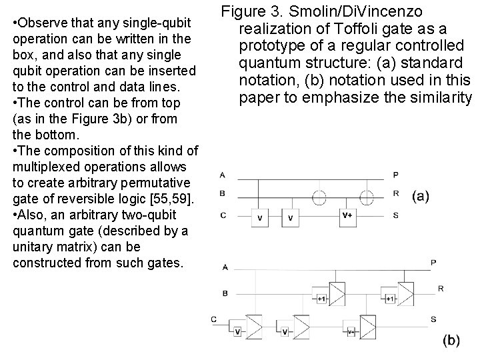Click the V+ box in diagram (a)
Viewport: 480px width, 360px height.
(347, 215)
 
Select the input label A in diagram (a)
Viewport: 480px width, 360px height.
(222, 175)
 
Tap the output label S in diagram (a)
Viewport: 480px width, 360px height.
(396, 215)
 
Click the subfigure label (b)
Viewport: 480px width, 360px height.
(451, 341)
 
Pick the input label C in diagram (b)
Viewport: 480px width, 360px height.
(214, 319)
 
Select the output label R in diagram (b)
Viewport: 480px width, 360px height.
(441, 288)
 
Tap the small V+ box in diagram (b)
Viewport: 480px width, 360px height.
(351, 331)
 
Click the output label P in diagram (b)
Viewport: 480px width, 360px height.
(433, 263)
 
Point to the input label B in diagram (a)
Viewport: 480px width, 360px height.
(222, 194)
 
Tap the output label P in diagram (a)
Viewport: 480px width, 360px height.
(396, 175)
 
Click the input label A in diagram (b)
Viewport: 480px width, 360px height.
(225, 267)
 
